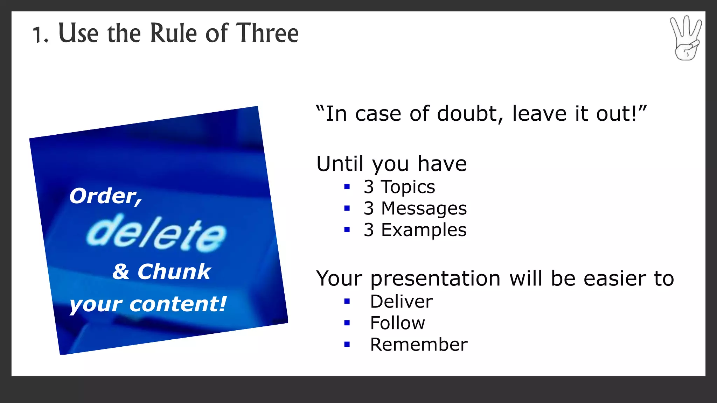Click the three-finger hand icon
(686, 38)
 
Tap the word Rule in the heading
(173, 33)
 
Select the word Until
(340, 164)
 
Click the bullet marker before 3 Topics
(347, 187)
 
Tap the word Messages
(424, 208)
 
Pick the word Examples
(424, 230)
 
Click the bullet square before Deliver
(347, 301)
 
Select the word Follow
(397, 323)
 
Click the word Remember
(418, 345)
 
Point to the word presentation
(435, 279)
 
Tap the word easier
(614, 279)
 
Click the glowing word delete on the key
(156, 233)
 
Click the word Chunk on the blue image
(174, 271)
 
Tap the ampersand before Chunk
(121, 272)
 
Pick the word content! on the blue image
(178, 304)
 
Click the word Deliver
(401, 302)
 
